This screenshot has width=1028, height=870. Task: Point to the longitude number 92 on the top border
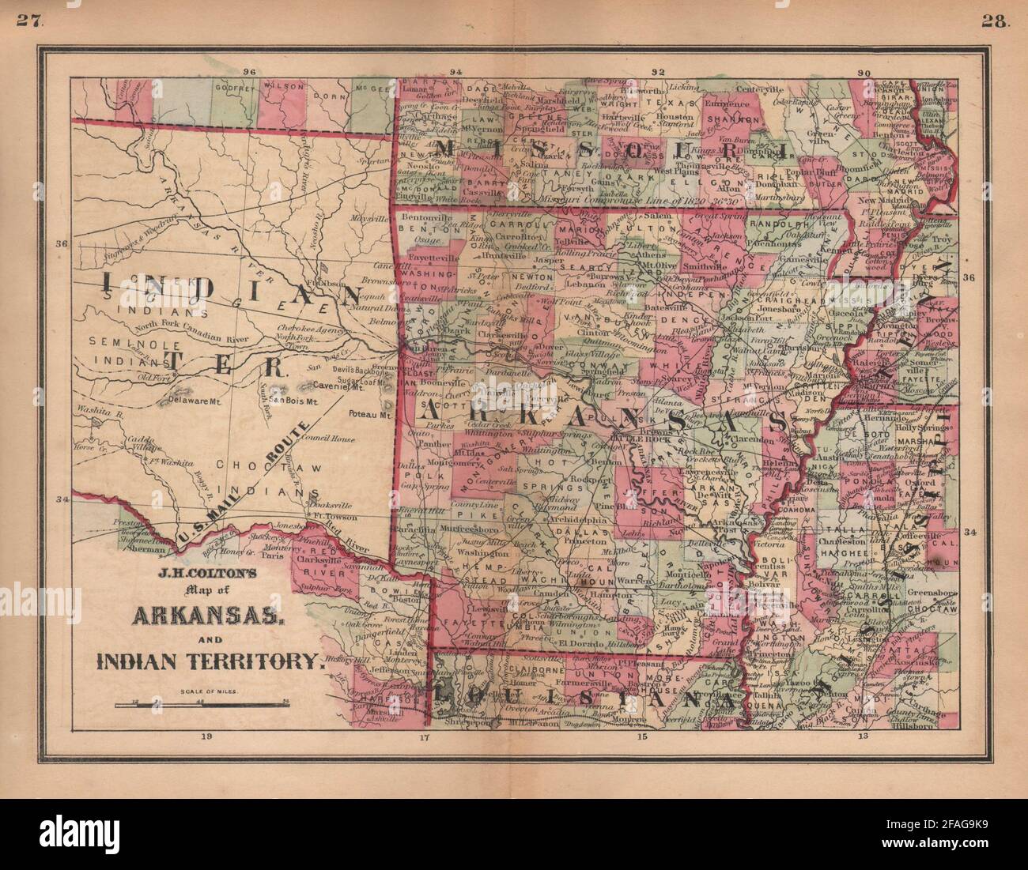pyautogui.click(x=656, y=72)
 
